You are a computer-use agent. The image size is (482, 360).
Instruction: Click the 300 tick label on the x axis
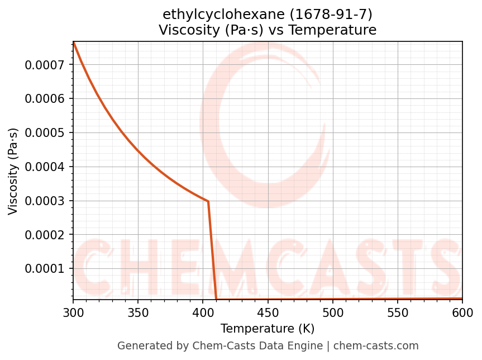click(x=73, y=311)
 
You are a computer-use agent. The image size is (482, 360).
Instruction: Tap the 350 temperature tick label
click(x=138, y=311)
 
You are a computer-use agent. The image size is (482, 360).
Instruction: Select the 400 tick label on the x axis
click(x=203, y=311)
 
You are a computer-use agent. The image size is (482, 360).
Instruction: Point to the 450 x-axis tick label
click(x=268, y=311)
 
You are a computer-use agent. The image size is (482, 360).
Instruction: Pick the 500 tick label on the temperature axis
click(x=333, y=311)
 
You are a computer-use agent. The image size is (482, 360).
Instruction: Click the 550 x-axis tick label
click(x=398, y=311)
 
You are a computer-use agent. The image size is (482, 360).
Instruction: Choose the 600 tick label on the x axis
click(x=462, y=311)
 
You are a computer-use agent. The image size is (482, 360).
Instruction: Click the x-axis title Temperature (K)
click(x=268, y=328)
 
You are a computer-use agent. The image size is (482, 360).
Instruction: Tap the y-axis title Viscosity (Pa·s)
click(x=13, y=171)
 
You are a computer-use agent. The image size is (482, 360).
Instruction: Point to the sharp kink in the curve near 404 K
click(x=208, y=201)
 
